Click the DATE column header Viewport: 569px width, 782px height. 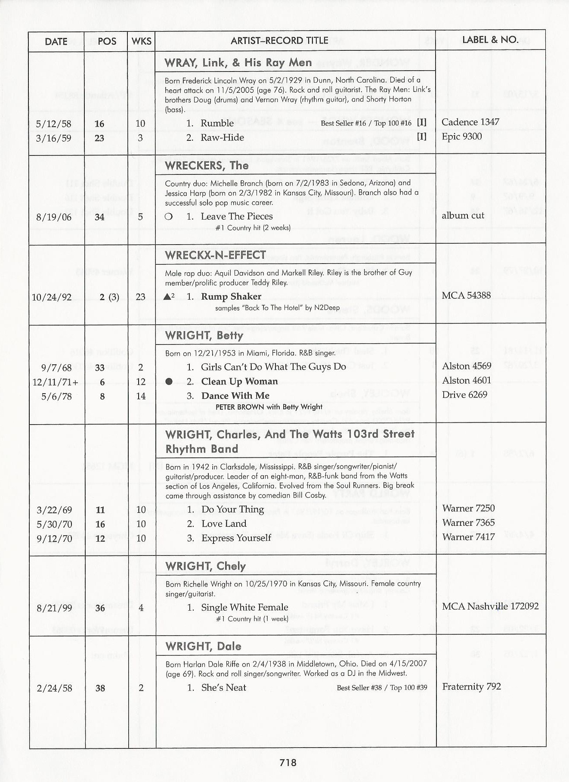(56, 41)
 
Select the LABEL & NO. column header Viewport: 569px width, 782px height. (490, 40)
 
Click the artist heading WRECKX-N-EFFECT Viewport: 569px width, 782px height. (215, 255)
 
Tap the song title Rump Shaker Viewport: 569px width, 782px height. (231, 297)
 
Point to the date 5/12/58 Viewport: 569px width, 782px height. (53, 124)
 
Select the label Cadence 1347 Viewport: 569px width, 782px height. (470, 122)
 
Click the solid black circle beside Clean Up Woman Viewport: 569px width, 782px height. (169, 382)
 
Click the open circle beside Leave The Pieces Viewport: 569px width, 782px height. (169, 217)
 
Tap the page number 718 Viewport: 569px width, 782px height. (288, 763)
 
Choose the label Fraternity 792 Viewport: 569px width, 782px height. (471, 686)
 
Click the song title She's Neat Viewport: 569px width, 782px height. (223, 688)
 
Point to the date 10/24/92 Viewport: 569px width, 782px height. (52, 297)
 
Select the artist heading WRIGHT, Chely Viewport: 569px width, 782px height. (205, 566)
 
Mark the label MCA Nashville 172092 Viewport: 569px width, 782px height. (490, 606)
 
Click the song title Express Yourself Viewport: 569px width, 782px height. (236, 538)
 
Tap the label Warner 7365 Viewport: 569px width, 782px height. (468, 523)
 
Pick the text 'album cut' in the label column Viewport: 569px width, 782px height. (463, 215)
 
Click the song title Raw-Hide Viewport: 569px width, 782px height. (222, 138)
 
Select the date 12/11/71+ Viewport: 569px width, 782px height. (55, 382)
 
